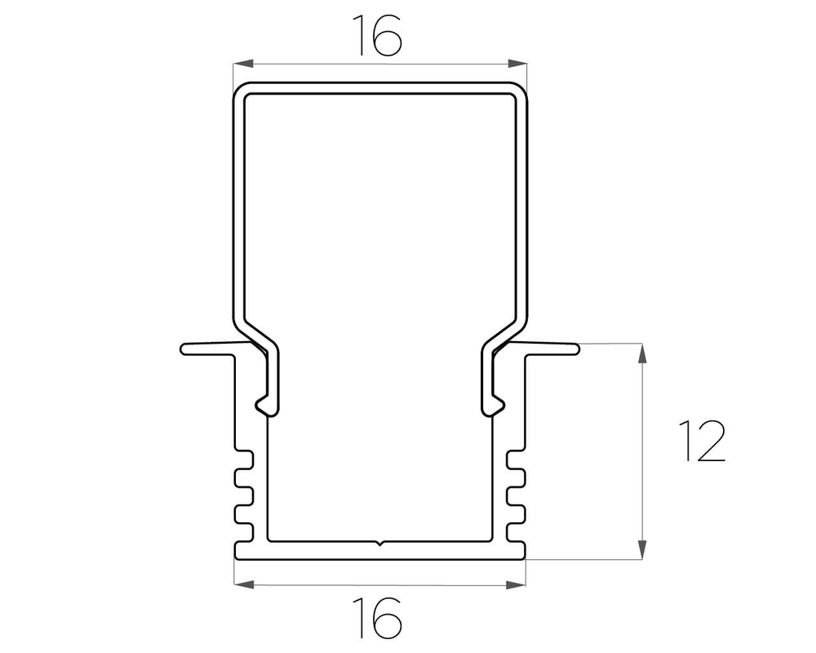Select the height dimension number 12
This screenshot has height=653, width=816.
pos(701,442)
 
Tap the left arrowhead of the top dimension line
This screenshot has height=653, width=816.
pos(242,63)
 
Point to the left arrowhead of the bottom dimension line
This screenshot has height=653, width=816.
pos(242,584)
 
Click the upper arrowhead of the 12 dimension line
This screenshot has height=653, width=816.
pos(643,353)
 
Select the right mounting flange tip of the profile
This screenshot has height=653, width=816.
pos(575,349)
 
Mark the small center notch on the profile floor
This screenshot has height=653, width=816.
pos(380,542)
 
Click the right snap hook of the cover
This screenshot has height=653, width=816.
pos(495,403)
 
